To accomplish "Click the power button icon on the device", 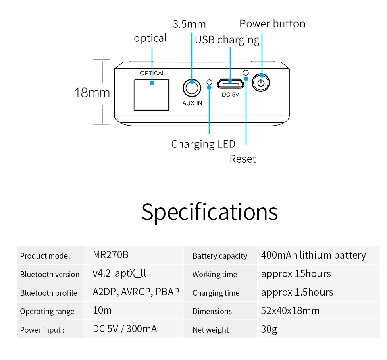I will click(261, 83).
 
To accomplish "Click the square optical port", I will click(151, 94).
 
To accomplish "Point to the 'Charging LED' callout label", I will click(203, 144).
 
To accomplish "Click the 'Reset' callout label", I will click(243, 159).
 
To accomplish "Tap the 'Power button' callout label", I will click(272, 23).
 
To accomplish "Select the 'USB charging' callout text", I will click(227, 39).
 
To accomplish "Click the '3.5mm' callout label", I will click(189, 24).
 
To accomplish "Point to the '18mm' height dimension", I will click(92, 93).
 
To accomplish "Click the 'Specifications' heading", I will click(209, 211).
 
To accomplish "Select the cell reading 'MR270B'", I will click(110, 255).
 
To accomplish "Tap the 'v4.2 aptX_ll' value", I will click(119, 273).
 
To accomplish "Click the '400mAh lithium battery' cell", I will click(313, 255).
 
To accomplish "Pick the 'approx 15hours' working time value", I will click(295, 274).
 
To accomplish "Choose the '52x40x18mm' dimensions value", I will click(290, 311).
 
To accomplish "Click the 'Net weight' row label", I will click(210, 330).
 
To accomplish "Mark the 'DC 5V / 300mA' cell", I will click(125, 329).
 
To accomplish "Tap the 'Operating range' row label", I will click(47, 311).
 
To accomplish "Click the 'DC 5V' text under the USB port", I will click(230, 95).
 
